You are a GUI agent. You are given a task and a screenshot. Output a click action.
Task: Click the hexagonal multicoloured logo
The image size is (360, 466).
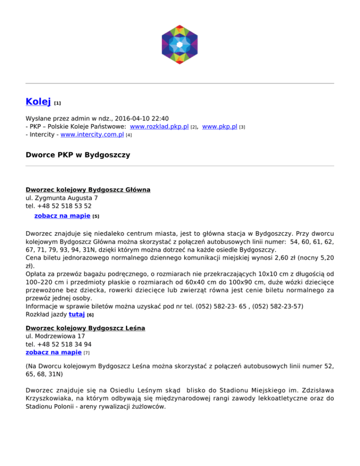tap(180, 45)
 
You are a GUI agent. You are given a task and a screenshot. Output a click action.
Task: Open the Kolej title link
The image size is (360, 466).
tap(38, 101)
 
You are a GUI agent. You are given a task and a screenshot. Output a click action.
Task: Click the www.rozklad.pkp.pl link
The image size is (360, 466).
tap(159, 127)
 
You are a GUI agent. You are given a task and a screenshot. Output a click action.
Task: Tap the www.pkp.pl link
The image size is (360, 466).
tap(219, 127)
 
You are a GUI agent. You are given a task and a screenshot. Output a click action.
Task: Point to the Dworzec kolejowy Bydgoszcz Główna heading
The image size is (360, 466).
tap(88, 190)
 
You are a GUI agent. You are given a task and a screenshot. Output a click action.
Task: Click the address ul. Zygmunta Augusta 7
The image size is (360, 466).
tap(61, 198)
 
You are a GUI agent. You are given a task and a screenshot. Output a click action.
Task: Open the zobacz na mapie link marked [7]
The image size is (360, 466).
tap(53, 352)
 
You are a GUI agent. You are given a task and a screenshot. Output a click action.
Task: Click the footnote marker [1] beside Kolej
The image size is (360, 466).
tap(58, 102)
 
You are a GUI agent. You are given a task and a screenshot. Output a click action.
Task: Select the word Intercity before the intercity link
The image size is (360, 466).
tap(43, 135)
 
